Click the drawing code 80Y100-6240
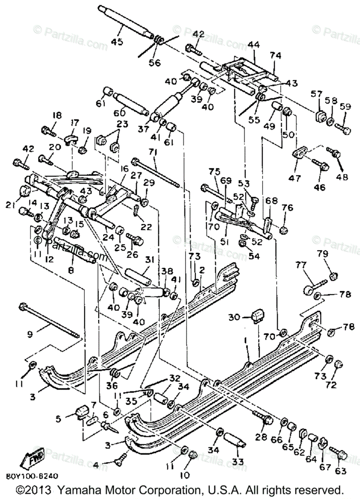pyautogui.click(x=32, y=476)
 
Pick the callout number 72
pyautogui.click(x=331, y=385)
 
